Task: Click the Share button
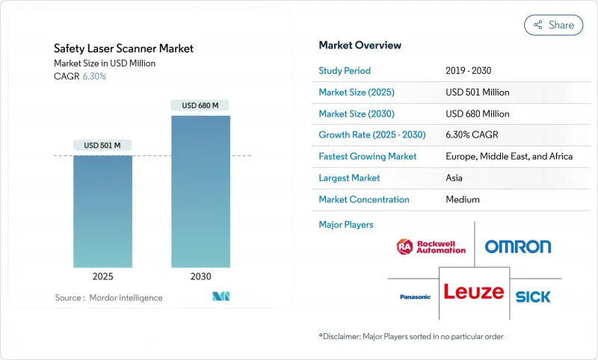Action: pyautogui.click(x=553, y=25)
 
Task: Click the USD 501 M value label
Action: pyautogui.click(x=102, y=145)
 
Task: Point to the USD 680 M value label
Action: pyautogui.click(x=200, y=105)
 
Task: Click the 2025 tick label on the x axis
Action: pyautogui.click(x=102, y=276)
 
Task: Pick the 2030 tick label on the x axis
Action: pyautogui.click(x=200, y=276)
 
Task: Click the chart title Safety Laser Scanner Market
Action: pyautogui.click(x=124, y=49)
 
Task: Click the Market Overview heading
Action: pyautogui.click(x=360, y=46)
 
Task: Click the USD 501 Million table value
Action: pyautogui.click(x=477, y=93)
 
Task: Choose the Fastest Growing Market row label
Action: pyautogui.click(x=368, y=157)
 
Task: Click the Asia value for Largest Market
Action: pyautogui.click(x=454, y=178)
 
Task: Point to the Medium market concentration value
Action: pyautogui.click(x=462, y=199)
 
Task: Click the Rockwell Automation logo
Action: pyautogui.click(x=431, y=246)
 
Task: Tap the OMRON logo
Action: pyautogui.click(x=517, y=246)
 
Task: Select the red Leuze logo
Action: pyautogui.click(x=474, y=292)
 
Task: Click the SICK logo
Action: pyautogui.click(x=533, y=297)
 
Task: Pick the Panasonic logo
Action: pyautogui.click(x=415, y=297)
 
